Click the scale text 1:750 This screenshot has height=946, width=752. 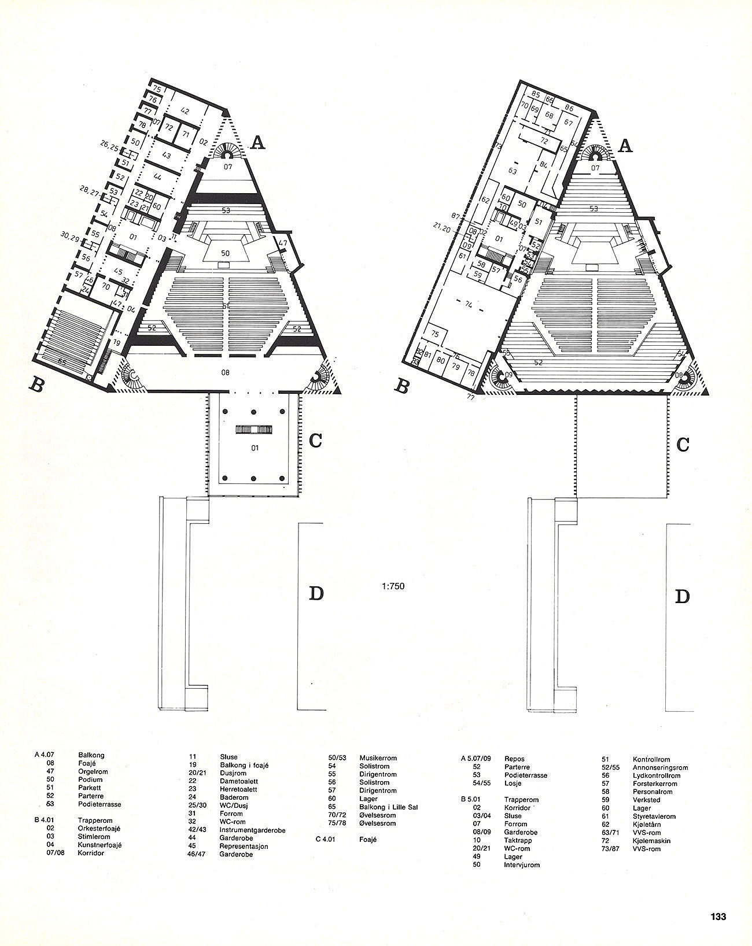(x=393, y=586)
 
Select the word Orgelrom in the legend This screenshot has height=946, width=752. (x=93, y=771)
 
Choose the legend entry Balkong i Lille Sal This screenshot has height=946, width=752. (x=388, y=807)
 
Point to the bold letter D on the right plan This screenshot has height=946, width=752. (x=683, y=597)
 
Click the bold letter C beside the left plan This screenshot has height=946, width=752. (x=316, y=440)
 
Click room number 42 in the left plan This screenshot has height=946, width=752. (x=185, y=110)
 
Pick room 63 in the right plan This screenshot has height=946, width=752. (x=512, y=171)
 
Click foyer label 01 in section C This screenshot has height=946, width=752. (x=254, y=448)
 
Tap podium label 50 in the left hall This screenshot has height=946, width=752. (x=226, y=253)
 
